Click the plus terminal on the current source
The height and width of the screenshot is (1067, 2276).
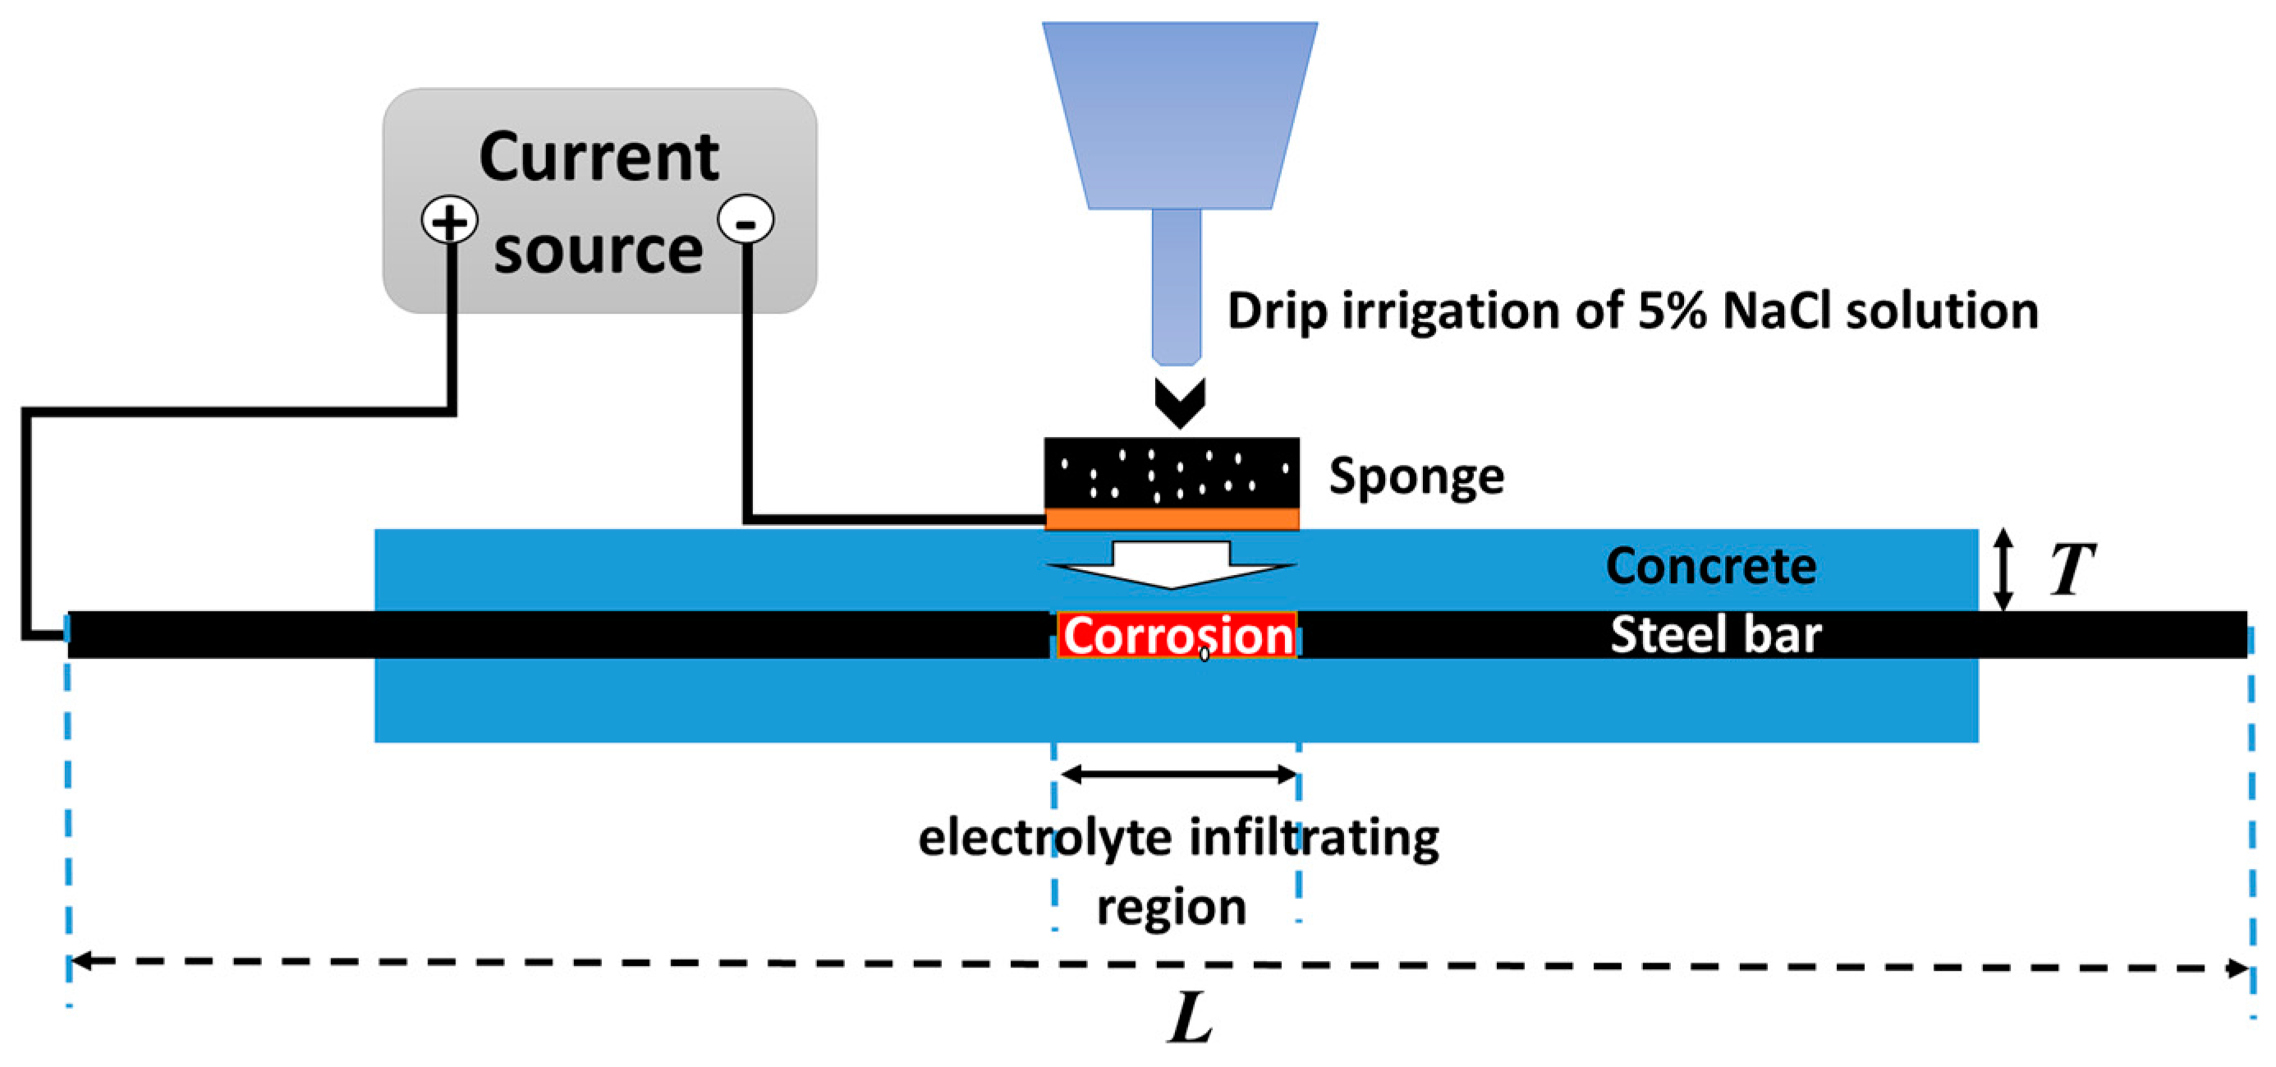click(450, 220)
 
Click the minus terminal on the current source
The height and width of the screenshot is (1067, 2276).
click(746, 220)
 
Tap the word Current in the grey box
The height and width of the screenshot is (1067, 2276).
click(599, 158)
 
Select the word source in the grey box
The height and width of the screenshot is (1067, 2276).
click(599, 251)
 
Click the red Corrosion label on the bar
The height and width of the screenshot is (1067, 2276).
click(1177, 636)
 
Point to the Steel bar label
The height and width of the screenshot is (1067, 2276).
click(1715, 635)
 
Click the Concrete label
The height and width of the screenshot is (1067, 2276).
click(1710, 566)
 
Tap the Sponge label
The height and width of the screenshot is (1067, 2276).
click(1416, 477)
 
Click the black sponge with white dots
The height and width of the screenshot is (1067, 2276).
click(1172, 473)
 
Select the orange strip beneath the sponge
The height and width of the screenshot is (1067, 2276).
click(1172, 519)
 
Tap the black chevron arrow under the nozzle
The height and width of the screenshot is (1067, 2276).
click(1180, 403)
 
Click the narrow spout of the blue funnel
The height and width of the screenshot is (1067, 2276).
click(1176, 287)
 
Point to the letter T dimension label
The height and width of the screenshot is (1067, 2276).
click(2071, 570)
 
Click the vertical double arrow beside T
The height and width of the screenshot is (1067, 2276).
click(2004, 570)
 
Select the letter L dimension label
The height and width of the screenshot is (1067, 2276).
click(1189, 1019)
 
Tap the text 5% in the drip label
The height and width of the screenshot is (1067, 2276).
click(1672, 311)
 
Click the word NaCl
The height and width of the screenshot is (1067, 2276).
click(1777, 311)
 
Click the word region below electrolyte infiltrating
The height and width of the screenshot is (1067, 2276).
click(1172, 908)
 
